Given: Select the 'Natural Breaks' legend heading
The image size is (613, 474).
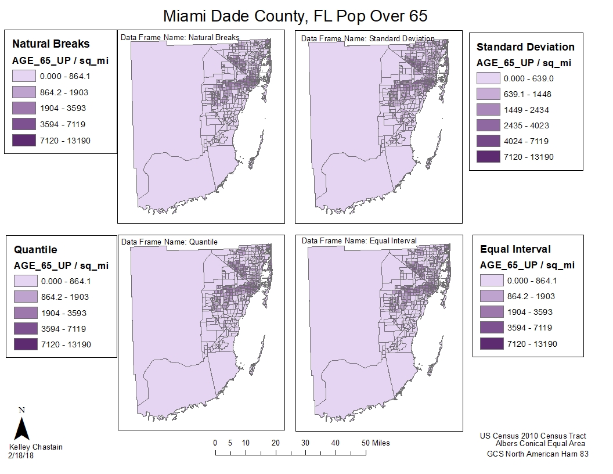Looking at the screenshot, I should click(x=51, y=44).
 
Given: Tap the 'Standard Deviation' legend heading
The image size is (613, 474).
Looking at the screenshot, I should click(x=525, y=47).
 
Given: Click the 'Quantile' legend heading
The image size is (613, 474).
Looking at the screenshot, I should click(x=35, y=250).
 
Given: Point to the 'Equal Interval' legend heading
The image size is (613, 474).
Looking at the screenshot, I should click(x=515, y=249).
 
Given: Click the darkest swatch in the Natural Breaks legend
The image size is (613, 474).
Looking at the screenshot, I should click(x=24, y=141).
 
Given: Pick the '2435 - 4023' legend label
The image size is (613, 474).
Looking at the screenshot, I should click(x=527, y=125).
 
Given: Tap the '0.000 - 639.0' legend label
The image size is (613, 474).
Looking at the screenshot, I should click(x=529, y=78).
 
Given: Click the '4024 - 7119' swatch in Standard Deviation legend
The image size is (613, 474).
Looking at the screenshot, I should click(x=488, y=141).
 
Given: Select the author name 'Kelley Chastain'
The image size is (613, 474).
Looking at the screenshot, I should click(x=36, y=447).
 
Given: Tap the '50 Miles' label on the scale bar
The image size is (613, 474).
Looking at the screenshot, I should click(x=376, y=443).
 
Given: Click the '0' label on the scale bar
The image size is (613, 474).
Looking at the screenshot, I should click(x=215, y=443).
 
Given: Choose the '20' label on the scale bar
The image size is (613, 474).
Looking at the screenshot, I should click(x=276, y=443).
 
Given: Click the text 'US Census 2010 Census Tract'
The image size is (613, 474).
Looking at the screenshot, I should click(x=533, y=436).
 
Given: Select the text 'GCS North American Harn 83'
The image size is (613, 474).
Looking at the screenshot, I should click(x=538, y=454).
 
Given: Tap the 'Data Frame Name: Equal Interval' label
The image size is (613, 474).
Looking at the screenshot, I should click(x=359, y=241).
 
